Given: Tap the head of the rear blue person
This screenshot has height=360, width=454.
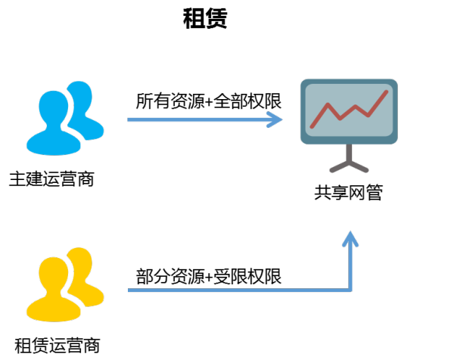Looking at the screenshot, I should pos(80,96).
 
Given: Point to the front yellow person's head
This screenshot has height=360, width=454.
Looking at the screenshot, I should pos(52,275).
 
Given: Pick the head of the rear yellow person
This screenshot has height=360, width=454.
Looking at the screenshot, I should pos(80,262).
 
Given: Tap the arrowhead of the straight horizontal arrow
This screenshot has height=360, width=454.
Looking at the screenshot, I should pos(277,119).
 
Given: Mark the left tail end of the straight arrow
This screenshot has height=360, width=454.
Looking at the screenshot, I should pos(129,119).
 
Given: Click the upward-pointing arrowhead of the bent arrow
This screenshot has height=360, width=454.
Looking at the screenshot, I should pos(350,237).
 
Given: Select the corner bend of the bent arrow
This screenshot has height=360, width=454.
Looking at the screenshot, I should pos(350,289).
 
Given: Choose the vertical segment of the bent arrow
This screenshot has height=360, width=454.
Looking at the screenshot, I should pos(350,265).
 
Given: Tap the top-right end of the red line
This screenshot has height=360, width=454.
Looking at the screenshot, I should pos(387,92).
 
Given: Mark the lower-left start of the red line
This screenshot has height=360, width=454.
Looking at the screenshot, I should pos(312,126).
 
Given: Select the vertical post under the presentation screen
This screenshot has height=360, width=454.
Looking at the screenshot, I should pos(349,152).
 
